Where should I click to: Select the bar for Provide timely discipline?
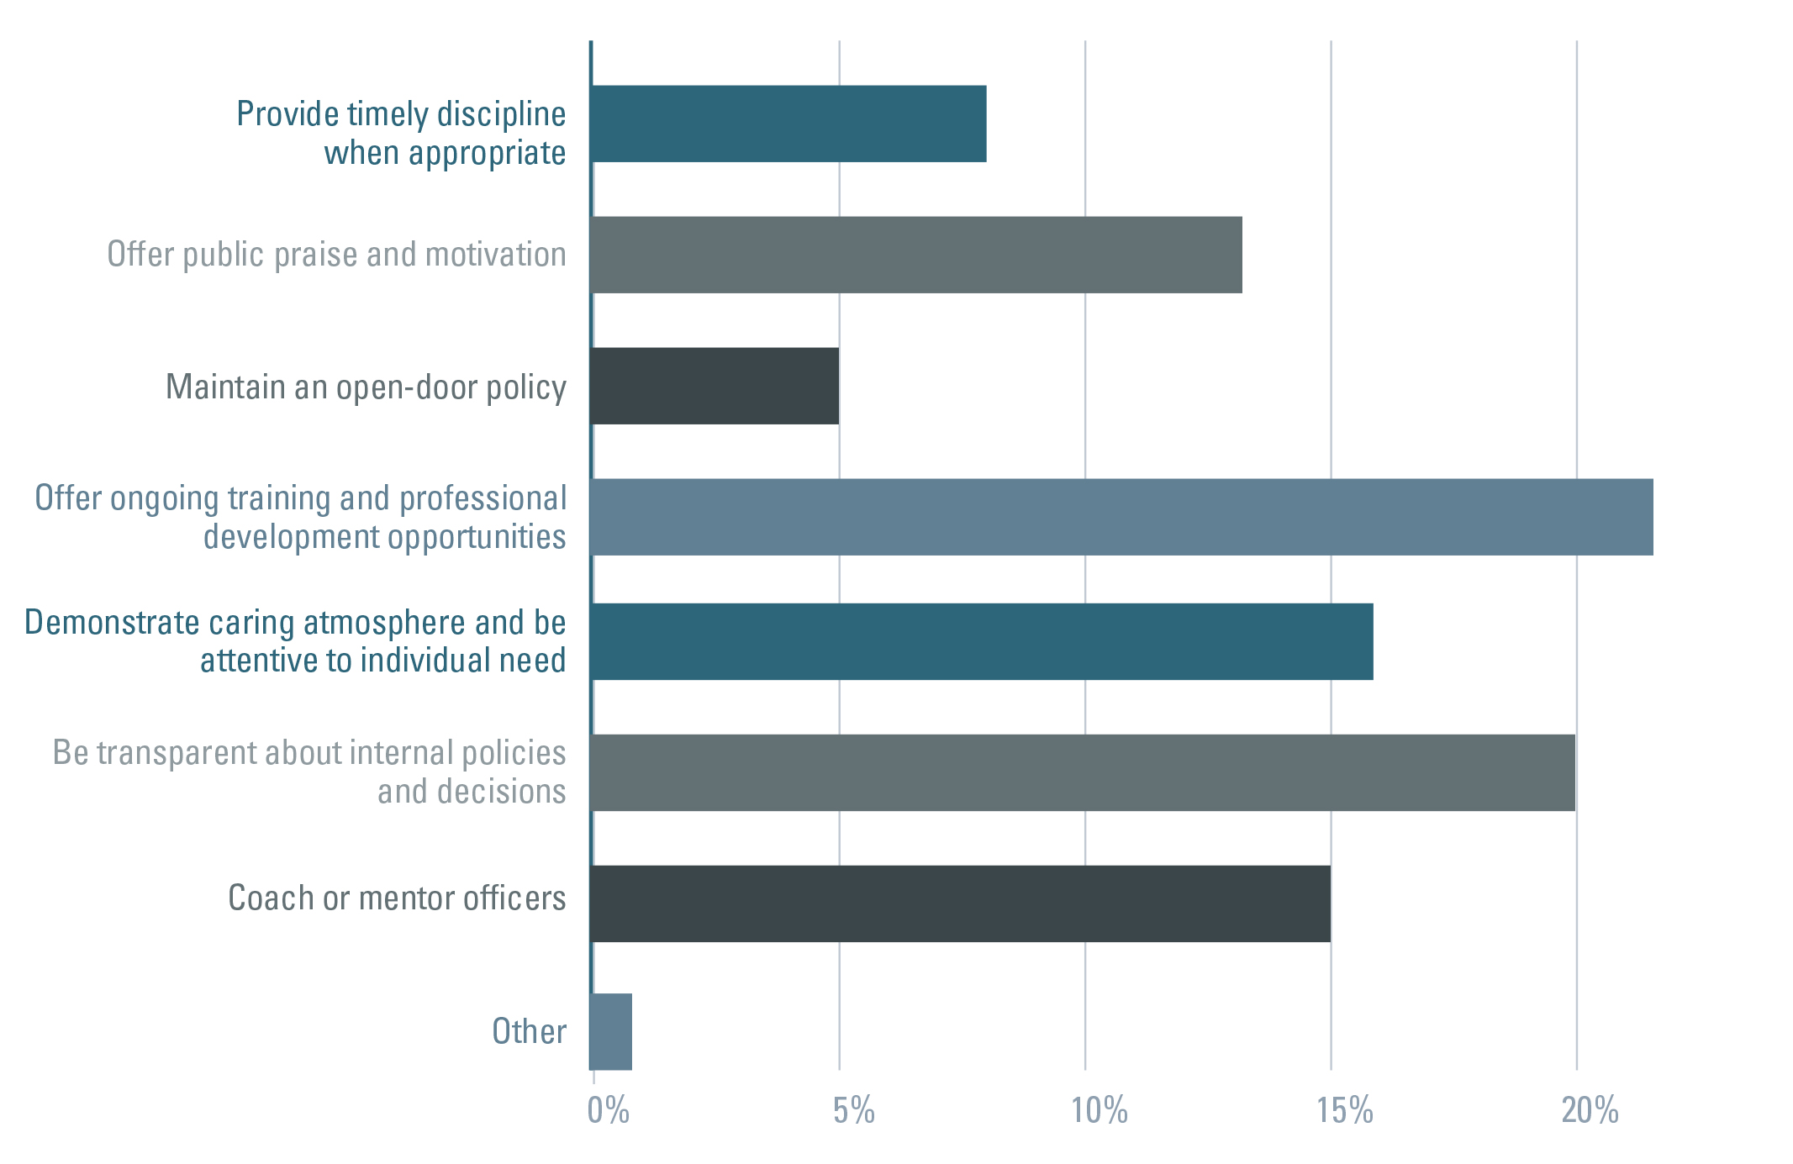(x=788, y=124)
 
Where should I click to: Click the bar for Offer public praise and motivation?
(x=916, y=255)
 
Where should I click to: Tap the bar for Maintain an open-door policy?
(x=715, y=386)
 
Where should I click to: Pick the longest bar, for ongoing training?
(x=1121, y=517)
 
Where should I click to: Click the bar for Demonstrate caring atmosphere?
(x=982, y=641)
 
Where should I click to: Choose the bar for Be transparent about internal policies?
(x=1083, y=772)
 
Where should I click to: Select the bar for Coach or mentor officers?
(x=960, y=903)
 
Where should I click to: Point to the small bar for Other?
(x=611, y=1031)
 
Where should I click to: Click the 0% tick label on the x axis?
(x=608, y=1111)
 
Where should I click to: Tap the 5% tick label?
(x=853, y=1111)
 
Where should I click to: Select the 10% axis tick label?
(x=1099, y=1111)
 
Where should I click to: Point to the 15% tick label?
(x=1344, y=1111)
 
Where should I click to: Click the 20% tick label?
(x=1590, y=1111)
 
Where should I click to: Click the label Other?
(x=529, y=1031)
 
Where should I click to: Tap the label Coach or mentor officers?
(x=397, y=898)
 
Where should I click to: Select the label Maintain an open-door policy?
(x=366, y=387)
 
